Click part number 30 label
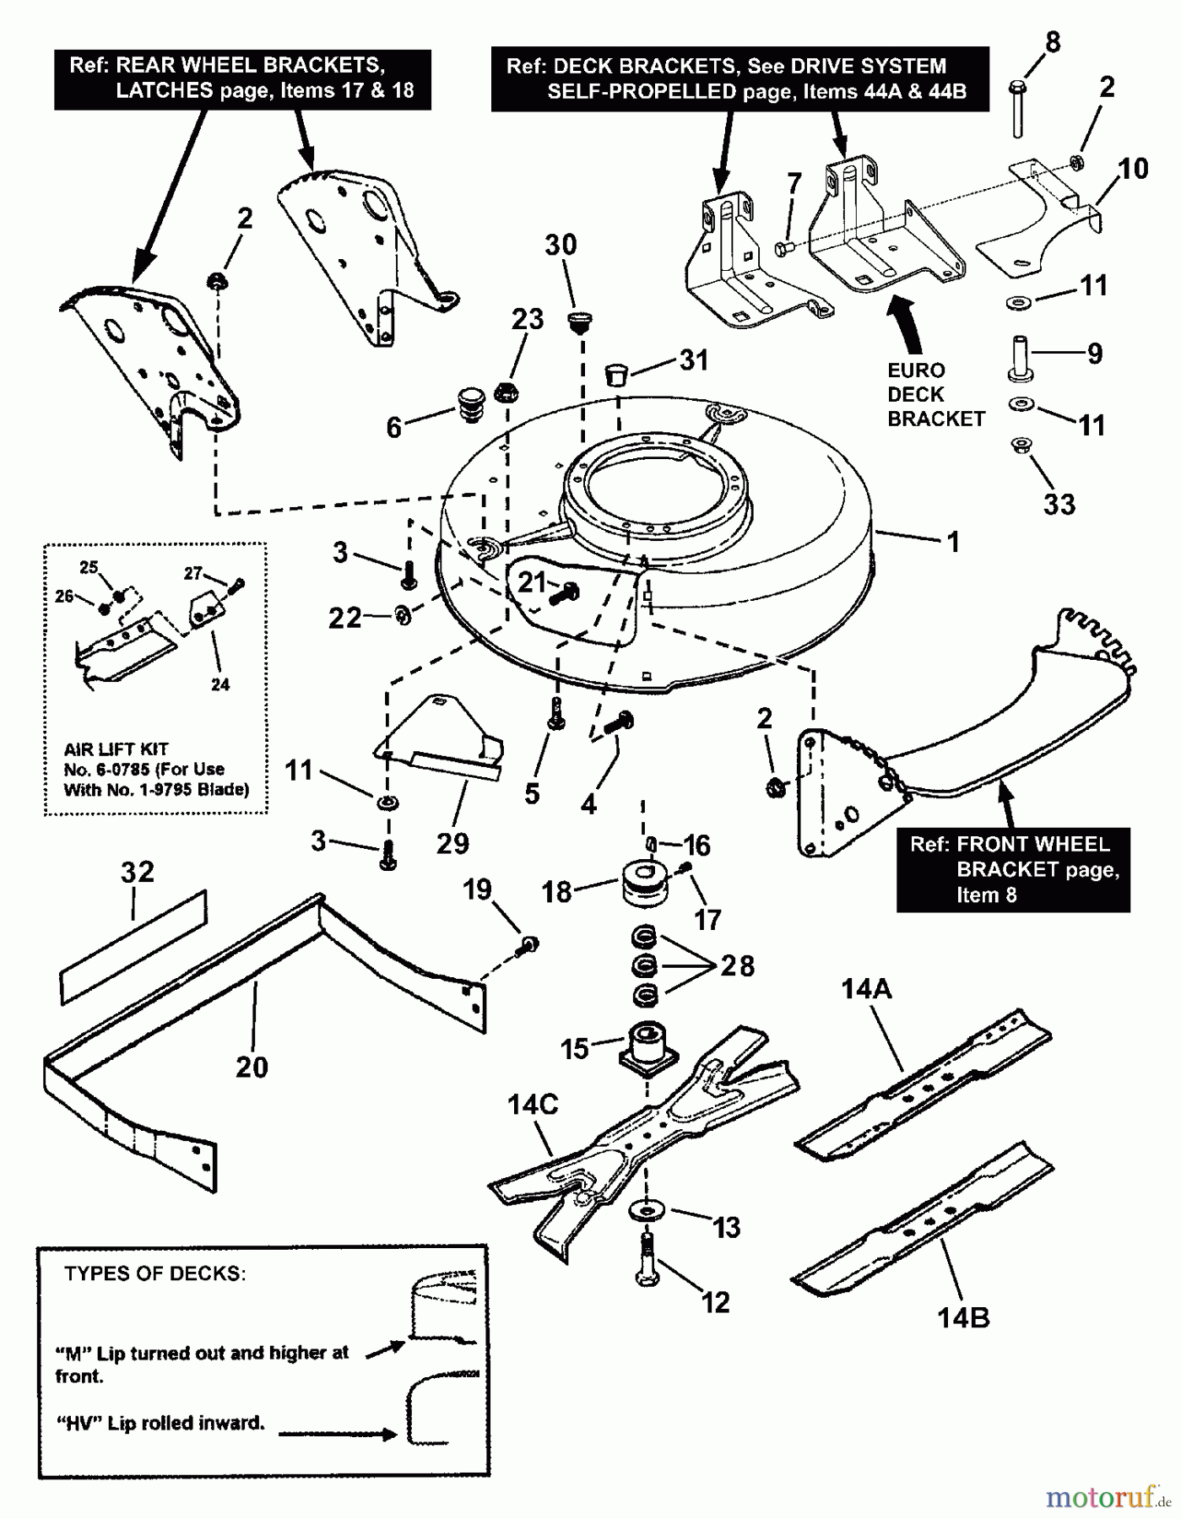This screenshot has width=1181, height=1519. point(561,246)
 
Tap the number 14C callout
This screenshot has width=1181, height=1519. point(533,1105)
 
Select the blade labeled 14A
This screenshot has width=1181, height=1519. point(924,1079)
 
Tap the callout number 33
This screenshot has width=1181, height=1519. point(1059,505)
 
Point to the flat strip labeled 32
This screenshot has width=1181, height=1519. point(133,946)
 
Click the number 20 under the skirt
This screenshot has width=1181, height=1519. point(252,1068)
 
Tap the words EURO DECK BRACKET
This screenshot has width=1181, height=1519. point(935,395)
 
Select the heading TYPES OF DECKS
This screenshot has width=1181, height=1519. point(154,1274)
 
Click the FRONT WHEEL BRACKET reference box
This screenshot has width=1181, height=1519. point(1013,869)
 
